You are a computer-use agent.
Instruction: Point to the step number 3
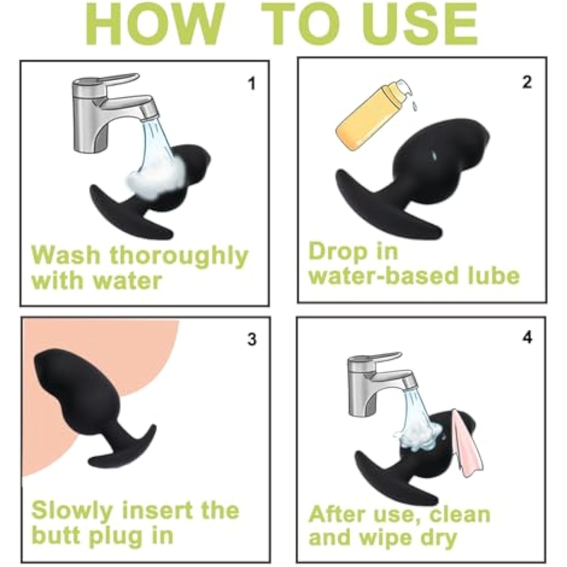pyautogui.click(x=252, y=339)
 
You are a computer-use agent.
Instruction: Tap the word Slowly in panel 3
pyautogui.click(x=72, y=511)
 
